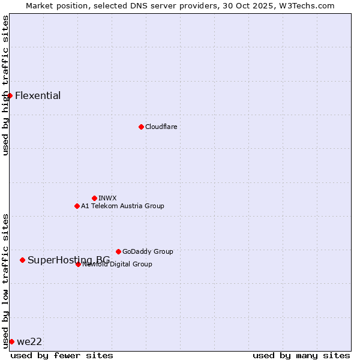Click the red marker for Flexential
pos(10,95)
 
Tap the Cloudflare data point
pos(141,127)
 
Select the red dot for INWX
pos(94,198)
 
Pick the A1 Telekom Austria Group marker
pos(77,206)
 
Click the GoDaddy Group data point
pos(118,251)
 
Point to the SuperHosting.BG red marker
pos(22,260)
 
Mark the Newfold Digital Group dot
pos(78,264)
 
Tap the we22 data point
pos(11,341)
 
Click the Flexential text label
pos(38,95)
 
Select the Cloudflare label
pos(161,127)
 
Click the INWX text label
pos(107,198)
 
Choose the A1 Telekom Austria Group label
pos(122,206)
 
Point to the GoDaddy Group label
pos(148,251)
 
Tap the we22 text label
pos(29,341)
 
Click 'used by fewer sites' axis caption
pos(62,355)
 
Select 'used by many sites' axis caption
pos(301,355)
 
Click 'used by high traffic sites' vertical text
pos(5,85)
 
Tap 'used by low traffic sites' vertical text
pos(5,280)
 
